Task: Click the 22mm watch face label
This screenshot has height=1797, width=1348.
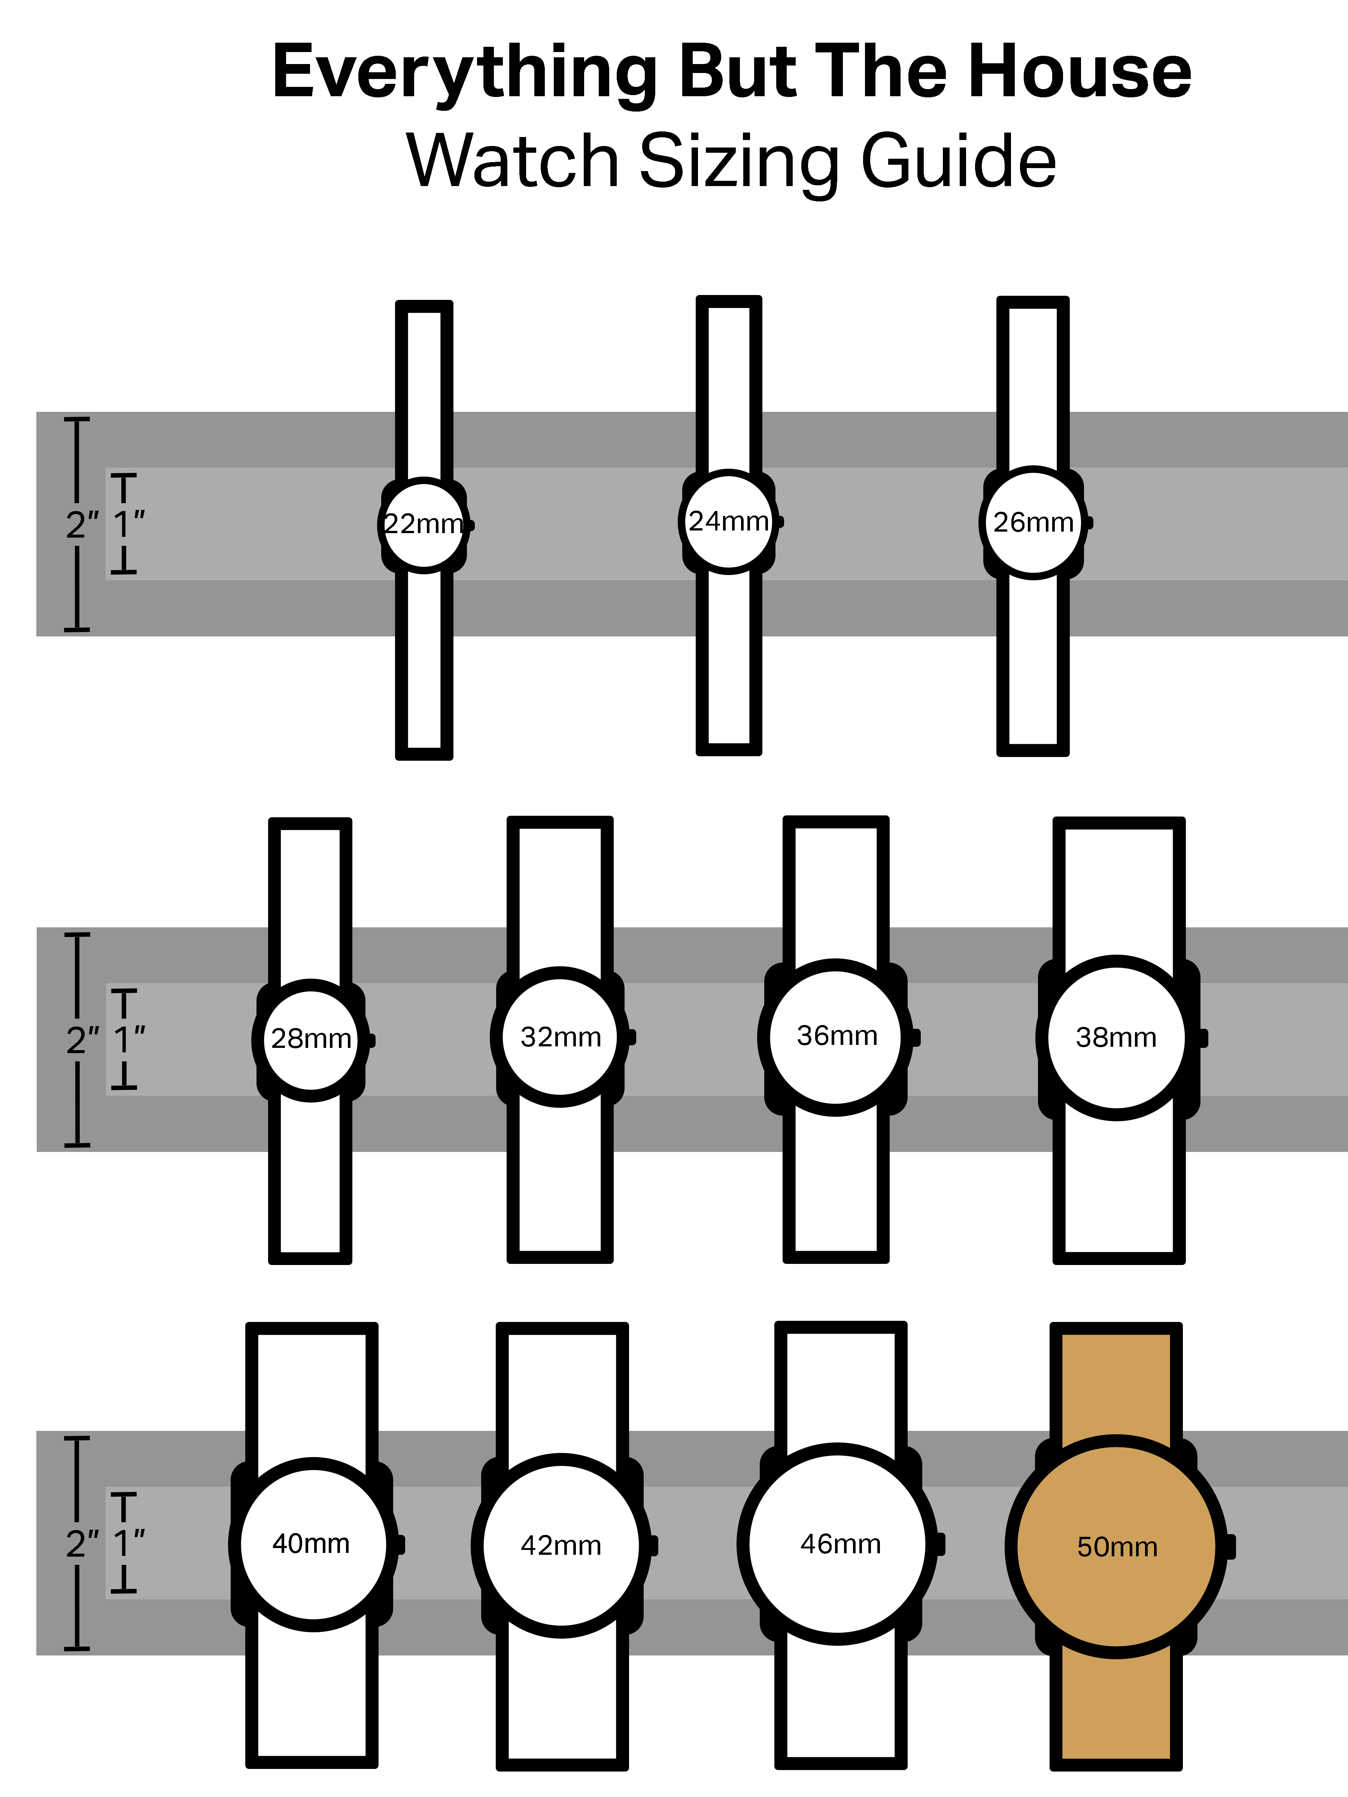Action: (x=423, y=524)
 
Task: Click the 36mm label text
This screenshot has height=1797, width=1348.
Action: (x=837, y=1036)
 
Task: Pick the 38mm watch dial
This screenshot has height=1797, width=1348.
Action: (x=1115, y=1037)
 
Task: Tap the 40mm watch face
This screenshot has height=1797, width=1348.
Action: (x=312, y=1544)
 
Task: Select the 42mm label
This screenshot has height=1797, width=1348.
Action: (x=561, y=1545)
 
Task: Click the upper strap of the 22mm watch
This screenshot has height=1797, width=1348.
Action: (x=423, y=390)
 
